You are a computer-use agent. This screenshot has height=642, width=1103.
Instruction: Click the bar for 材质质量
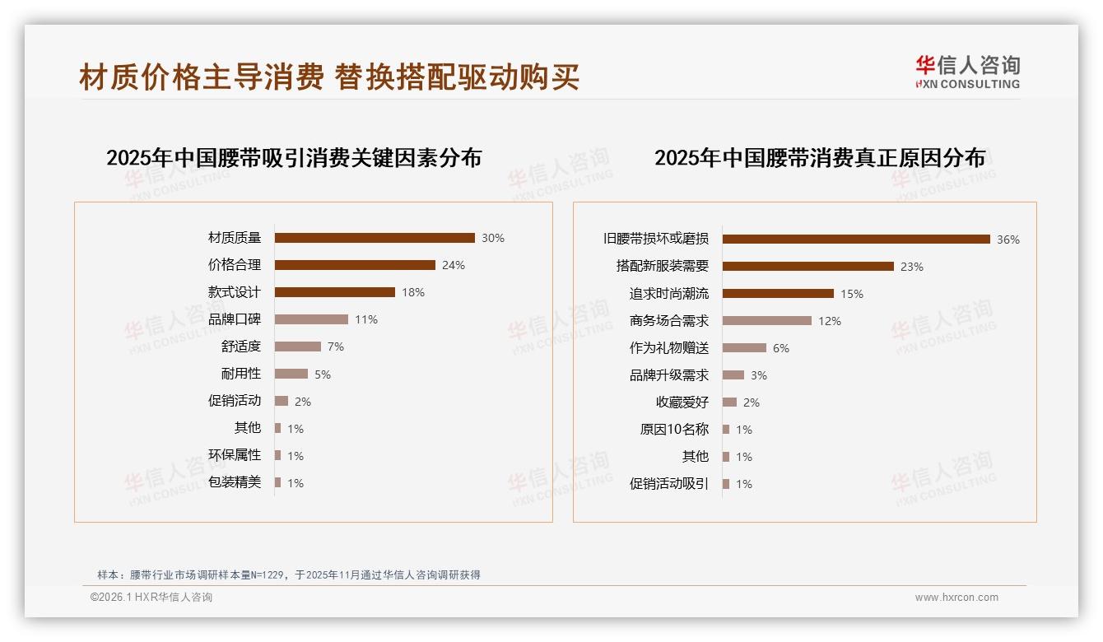375,238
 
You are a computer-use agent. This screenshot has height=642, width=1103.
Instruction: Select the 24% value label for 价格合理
454,265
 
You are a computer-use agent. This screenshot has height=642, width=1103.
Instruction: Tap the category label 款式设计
235,292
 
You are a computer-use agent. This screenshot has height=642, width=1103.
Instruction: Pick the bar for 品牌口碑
311,319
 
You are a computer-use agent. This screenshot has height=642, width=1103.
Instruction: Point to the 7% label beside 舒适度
336,347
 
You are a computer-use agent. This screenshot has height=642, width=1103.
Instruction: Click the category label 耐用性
241,374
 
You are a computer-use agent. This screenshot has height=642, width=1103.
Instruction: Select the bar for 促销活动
282,401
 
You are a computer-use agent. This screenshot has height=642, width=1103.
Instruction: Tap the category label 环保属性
235,455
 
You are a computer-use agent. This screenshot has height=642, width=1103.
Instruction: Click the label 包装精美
235,482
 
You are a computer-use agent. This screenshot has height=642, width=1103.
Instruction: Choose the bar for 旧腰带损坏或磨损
856,240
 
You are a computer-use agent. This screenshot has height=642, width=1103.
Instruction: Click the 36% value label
1008,240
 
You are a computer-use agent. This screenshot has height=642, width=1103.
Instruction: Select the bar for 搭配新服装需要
808,267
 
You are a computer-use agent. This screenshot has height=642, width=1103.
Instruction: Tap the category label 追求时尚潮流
669,294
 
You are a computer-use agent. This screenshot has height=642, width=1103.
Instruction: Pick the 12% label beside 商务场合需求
830,321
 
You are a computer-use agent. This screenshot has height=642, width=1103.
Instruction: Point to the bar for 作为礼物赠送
744,348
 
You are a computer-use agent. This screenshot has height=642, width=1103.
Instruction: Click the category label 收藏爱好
682,402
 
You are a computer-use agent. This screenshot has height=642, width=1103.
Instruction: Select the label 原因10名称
674,430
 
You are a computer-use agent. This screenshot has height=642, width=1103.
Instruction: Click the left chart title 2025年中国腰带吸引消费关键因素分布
294,157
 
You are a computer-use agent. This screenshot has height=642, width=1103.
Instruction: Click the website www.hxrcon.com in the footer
956,598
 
